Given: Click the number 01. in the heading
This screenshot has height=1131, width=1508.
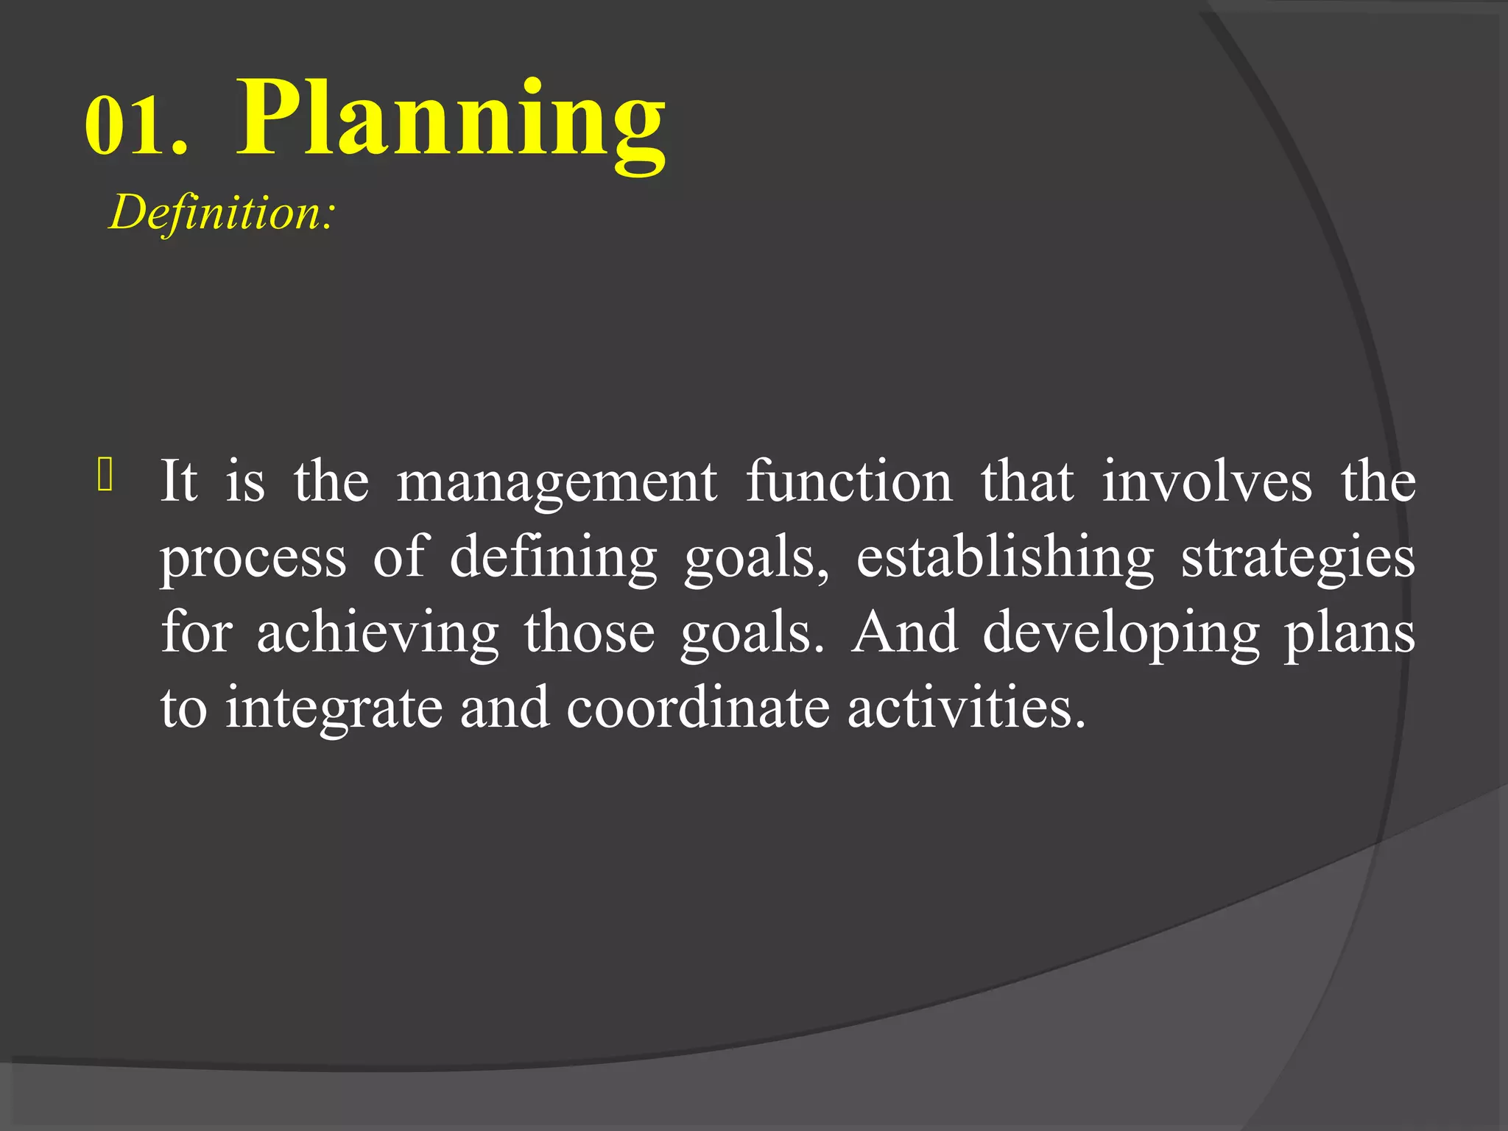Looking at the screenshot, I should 136,125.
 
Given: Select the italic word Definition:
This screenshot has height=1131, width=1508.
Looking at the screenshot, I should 222,213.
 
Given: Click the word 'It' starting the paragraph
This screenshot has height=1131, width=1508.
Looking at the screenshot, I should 179,482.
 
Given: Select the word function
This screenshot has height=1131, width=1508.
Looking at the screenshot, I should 849,482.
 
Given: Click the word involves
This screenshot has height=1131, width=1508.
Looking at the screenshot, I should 1207,482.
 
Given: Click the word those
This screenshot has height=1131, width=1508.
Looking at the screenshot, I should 589,633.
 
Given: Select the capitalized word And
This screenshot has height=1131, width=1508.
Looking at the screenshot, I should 905,633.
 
